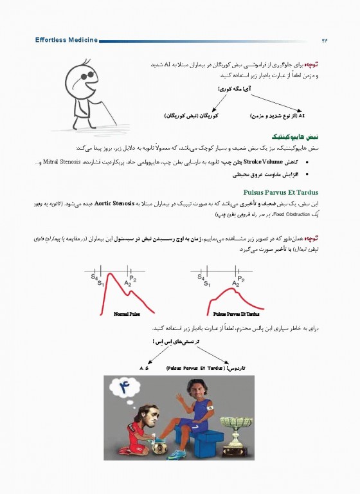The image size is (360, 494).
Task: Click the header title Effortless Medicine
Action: tap(66, 40)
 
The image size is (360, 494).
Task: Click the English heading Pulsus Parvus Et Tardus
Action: tap(282, 192)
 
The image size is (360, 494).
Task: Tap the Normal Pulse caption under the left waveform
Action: tap(127, 314)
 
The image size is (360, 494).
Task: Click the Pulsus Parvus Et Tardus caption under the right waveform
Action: tap(236, 314)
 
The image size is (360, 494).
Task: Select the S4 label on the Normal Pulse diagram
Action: tap(94, 276)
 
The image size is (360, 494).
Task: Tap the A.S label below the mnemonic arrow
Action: tap(144, 368)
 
